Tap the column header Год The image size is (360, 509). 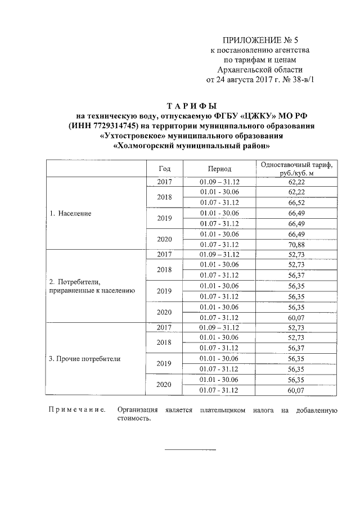tap(164, 169)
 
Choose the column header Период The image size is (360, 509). tap(219, 169)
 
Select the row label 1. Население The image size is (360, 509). tap(70, 214)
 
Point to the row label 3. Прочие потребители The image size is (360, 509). tap(85, 358)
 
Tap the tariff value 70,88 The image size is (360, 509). tap(296, 245)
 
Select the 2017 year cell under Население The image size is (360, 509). tap(164, 182)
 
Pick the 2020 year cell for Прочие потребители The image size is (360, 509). tap(164, 385)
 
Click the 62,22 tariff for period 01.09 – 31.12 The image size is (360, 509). tap(296, 182)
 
